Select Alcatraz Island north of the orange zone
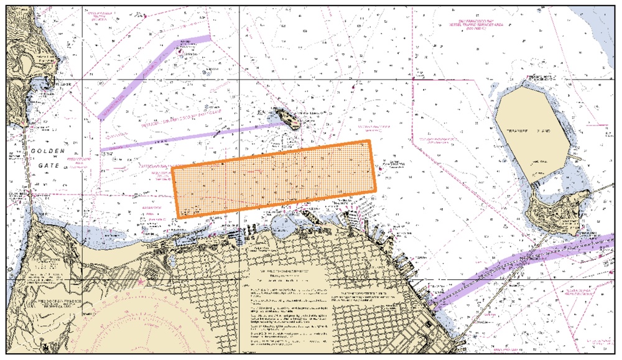288,118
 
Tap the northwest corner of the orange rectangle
172,167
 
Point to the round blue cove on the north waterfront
284,222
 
